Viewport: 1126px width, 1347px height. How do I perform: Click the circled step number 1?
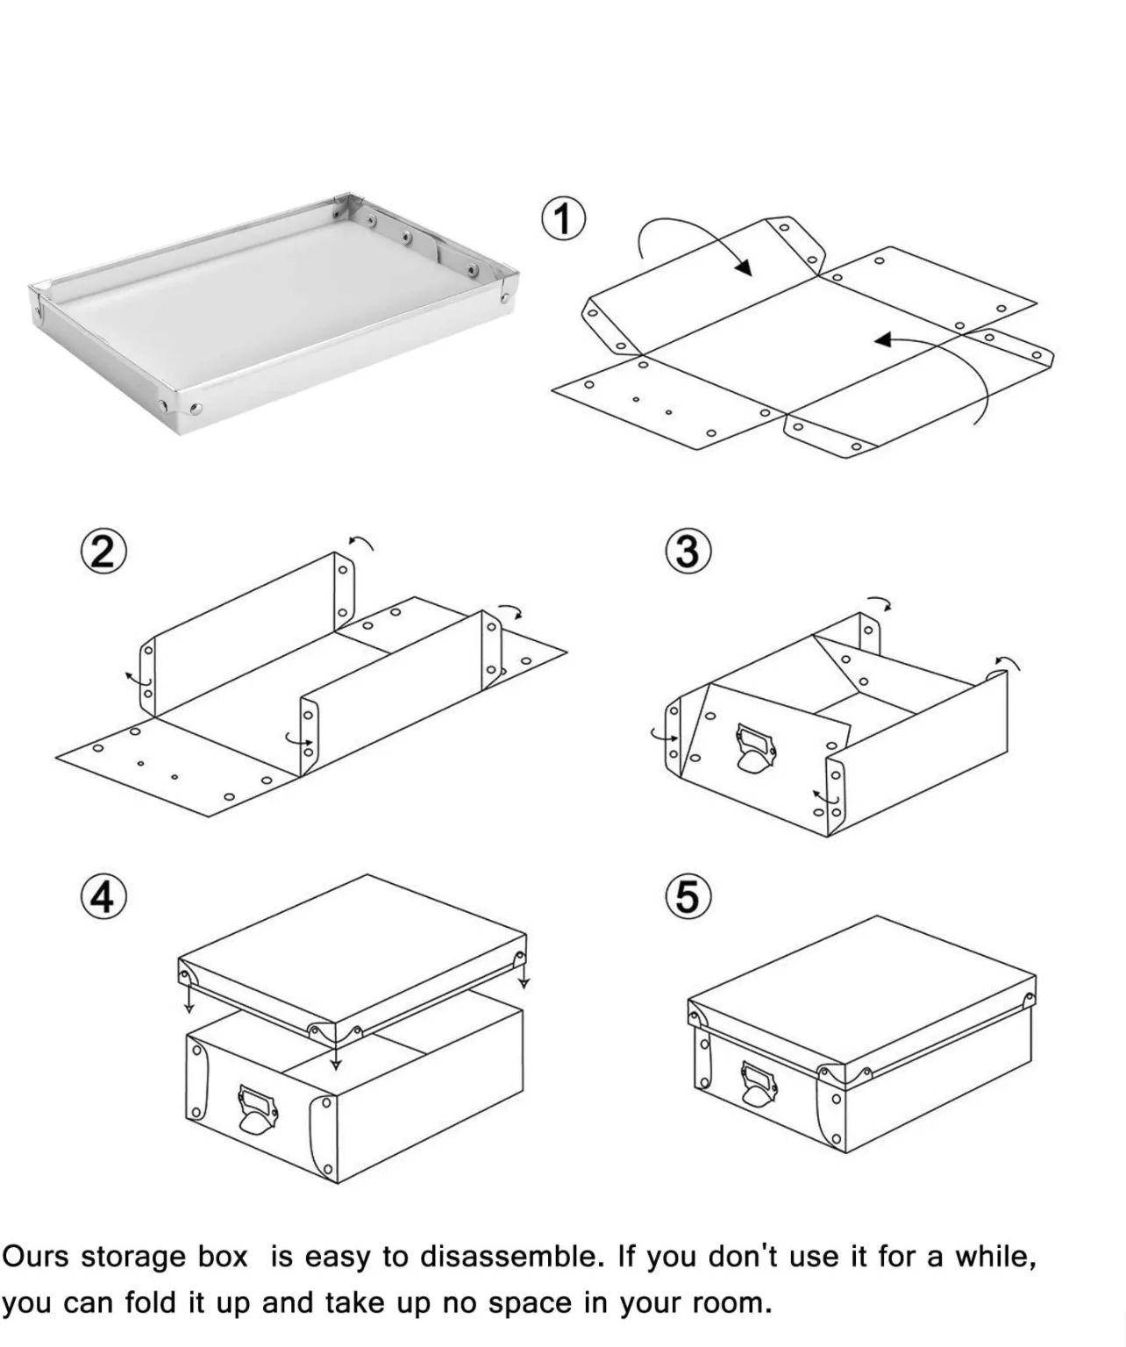(x=563, y=218)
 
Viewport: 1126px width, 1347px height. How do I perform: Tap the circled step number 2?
(x=103, y=552)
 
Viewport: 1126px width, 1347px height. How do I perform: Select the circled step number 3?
(x=688, y=552)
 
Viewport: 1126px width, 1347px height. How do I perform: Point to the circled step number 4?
(x=103, y=897)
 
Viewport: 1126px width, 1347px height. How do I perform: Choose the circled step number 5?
(x=688, y=897)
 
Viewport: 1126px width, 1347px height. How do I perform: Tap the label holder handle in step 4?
(x=258, y=1109)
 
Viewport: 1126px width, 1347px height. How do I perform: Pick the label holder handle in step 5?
(x=759, y=1085)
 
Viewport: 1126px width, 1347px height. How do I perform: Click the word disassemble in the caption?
(x=512, y=1257)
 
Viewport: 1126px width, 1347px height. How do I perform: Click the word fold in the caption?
(x=150, y=1302)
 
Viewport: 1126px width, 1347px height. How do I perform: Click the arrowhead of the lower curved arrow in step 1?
(x=883, y=339)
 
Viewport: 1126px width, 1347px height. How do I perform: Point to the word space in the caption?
(x=530, y=1304)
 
